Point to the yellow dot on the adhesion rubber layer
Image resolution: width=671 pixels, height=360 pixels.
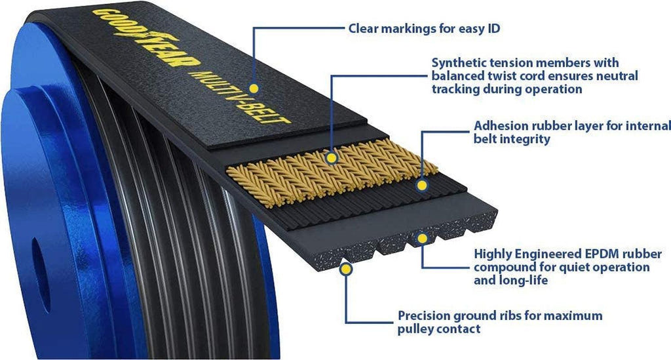click(421, 186)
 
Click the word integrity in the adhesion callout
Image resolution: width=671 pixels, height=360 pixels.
click(526, 138)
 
